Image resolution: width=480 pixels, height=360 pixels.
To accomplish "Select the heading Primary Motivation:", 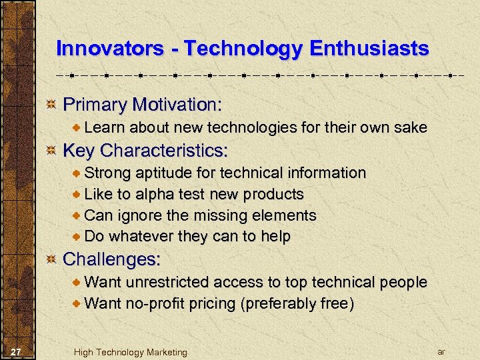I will click(142, 105).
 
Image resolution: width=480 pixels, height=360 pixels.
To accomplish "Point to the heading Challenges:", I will click(111, 258).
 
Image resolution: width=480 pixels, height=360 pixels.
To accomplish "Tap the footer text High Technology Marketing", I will click(131, 352).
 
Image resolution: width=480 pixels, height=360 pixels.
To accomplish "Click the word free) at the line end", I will click(338, 304).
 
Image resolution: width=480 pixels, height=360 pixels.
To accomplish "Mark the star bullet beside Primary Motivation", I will click(51, 105).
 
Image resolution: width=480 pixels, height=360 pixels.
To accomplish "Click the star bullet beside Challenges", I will click(51, 259).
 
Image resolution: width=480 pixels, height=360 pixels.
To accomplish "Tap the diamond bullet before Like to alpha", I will click(77, 195).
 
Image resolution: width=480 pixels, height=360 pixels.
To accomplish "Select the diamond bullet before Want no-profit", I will click(77, 304).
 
